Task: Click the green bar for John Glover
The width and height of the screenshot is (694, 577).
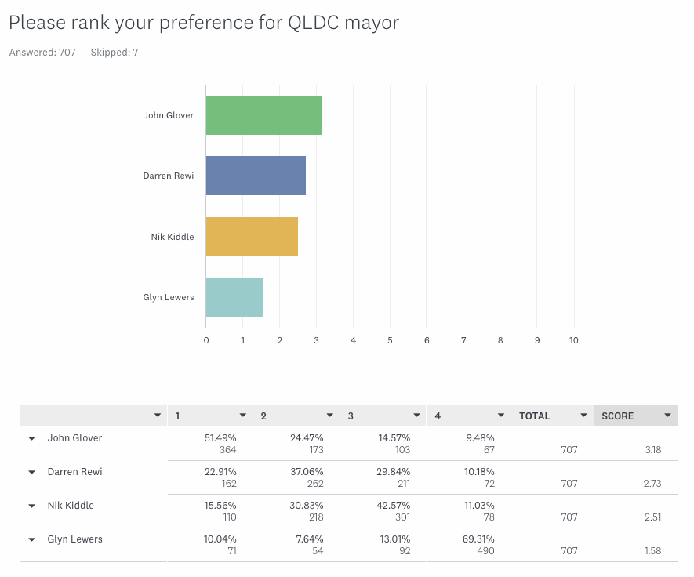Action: pos(263,115)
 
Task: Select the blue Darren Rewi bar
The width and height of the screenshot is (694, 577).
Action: pos(256,176)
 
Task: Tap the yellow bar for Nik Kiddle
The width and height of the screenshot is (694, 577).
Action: pos(252,236)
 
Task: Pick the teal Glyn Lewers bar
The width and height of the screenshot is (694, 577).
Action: pos(234,297)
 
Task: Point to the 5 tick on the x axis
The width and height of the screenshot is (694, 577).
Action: pos(390,340)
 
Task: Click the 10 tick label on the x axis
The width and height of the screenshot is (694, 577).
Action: pos(573,340)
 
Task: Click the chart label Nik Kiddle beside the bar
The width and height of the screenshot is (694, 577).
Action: pos(173,237)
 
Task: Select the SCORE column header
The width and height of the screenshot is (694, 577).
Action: pos(618,416)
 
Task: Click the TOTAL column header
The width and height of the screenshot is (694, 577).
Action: pos(535,416)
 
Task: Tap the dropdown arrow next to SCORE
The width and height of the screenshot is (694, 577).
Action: pos(667,416)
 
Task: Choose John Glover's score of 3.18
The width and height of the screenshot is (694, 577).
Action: pos(652,450)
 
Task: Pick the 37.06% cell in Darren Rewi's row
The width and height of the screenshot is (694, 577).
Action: pos(307,472)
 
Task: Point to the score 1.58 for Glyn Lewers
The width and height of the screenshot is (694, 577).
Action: pos(652,551)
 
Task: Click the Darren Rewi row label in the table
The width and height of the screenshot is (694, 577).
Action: pos(75,472)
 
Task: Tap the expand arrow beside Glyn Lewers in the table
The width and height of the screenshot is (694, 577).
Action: pos(32,539)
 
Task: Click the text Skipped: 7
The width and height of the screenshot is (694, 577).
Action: pos(114,53)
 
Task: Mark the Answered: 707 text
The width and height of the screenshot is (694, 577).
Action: pos(42,53)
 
